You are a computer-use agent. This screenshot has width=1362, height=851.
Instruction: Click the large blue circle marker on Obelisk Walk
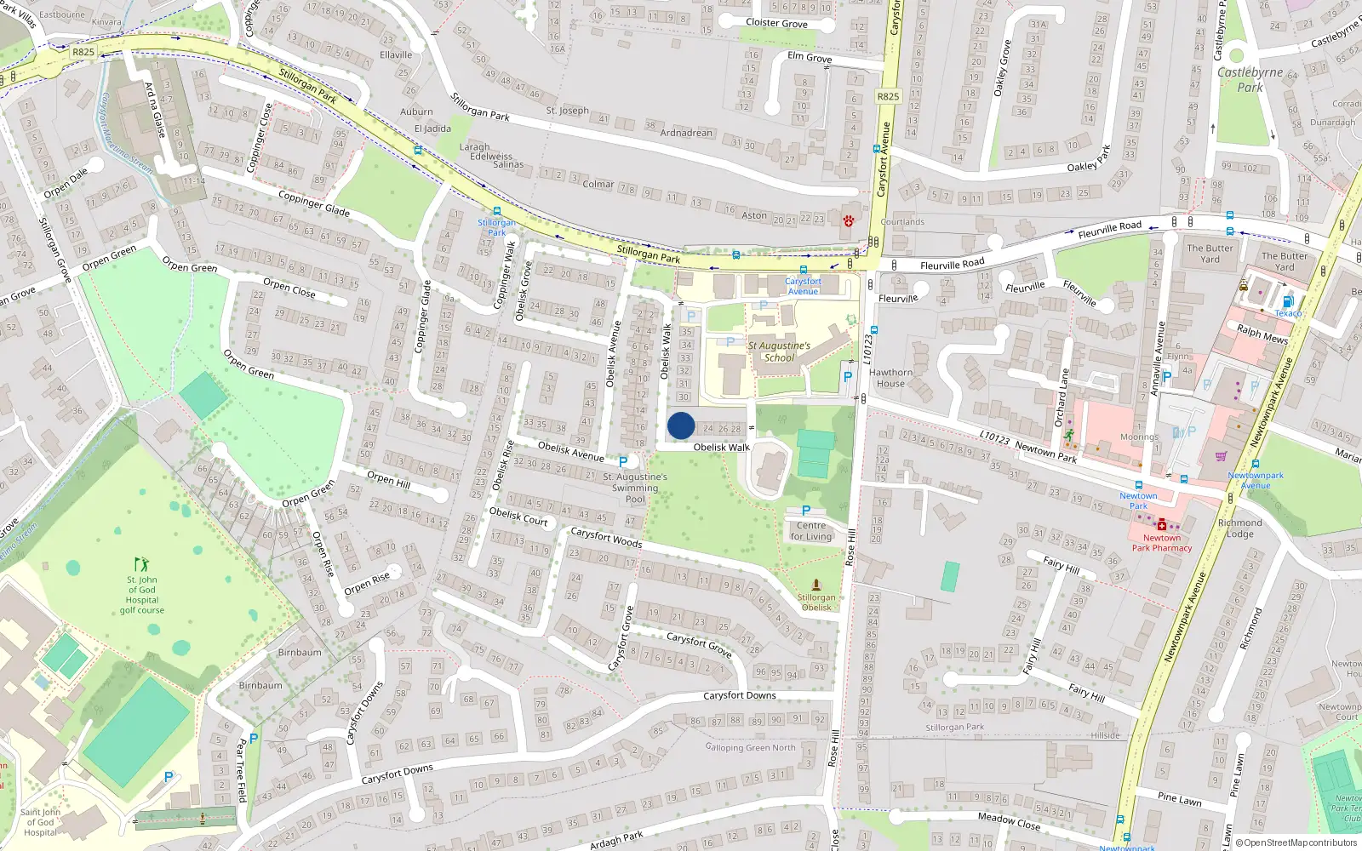tap(681, 425)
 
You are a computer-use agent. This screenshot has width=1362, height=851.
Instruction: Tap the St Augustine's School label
tap(779, 351)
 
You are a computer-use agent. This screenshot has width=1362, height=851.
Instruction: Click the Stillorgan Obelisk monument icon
tap(816, 585)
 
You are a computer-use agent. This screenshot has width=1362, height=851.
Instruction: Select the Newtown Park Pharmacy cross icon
tap(1161, 525)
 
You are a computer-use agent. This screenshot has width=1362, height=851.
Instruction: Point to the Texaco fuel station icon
tap(1288, 301)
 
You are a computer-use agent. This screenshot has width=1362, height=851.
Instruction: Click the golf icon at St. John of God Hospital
tap(141, 564)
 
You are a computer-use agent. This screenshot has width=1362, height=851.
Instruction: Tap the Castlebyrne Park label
tap(1250, 80)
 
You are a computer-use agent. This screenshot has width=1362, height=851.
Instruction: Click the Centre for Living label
tap(811, 531)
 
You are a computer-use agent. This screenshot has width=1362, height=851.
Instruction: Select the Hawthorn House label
tap(890, 378)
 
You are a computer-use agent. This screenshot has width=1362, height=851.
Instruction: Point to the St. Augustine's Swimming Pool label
tap(635, 488)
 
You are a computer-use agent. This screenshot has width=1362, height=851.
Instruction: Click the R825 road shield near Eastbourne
tap(83, 52)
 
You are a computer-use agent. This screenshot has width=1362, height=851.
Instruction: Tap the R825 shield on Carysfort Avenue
tap(888, 96)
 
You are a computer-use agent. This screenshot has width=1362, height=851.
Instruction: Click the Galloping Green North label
tap(750, 748)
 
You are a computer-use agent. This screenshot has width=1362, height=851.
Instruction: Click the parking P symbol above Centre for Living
tap(806, 511)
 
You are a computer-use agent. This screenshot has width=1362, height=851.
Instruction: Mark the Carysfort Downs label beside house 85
tap(739, 696)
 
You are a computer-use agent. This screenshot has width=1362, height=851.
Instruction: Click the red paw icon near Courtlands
tap(849, 221)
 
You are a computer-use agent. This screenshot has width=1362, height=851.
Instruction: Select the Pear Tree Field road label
tap(241, 771)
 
